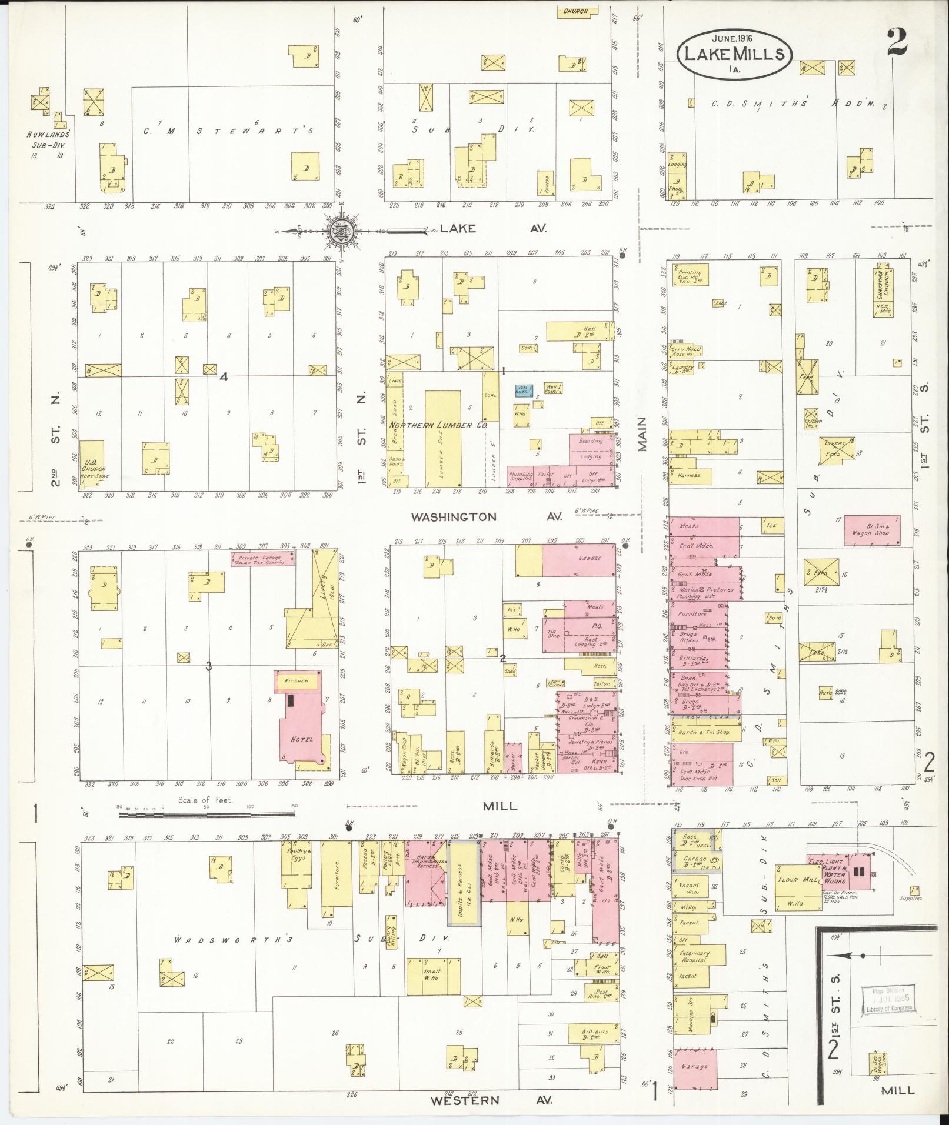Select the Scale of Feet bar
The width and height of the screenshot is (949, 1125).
click(207, 814)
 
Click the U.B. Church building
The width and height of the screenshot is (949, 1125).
click(92, 465)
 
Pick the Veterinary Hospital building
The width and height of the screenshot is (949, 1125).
click(694, 956)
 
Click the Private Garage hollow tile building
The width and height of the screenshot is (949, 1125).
click(262, 559)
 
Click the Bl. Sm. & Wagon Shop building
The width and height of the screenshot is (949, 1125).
click(871, 529)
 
